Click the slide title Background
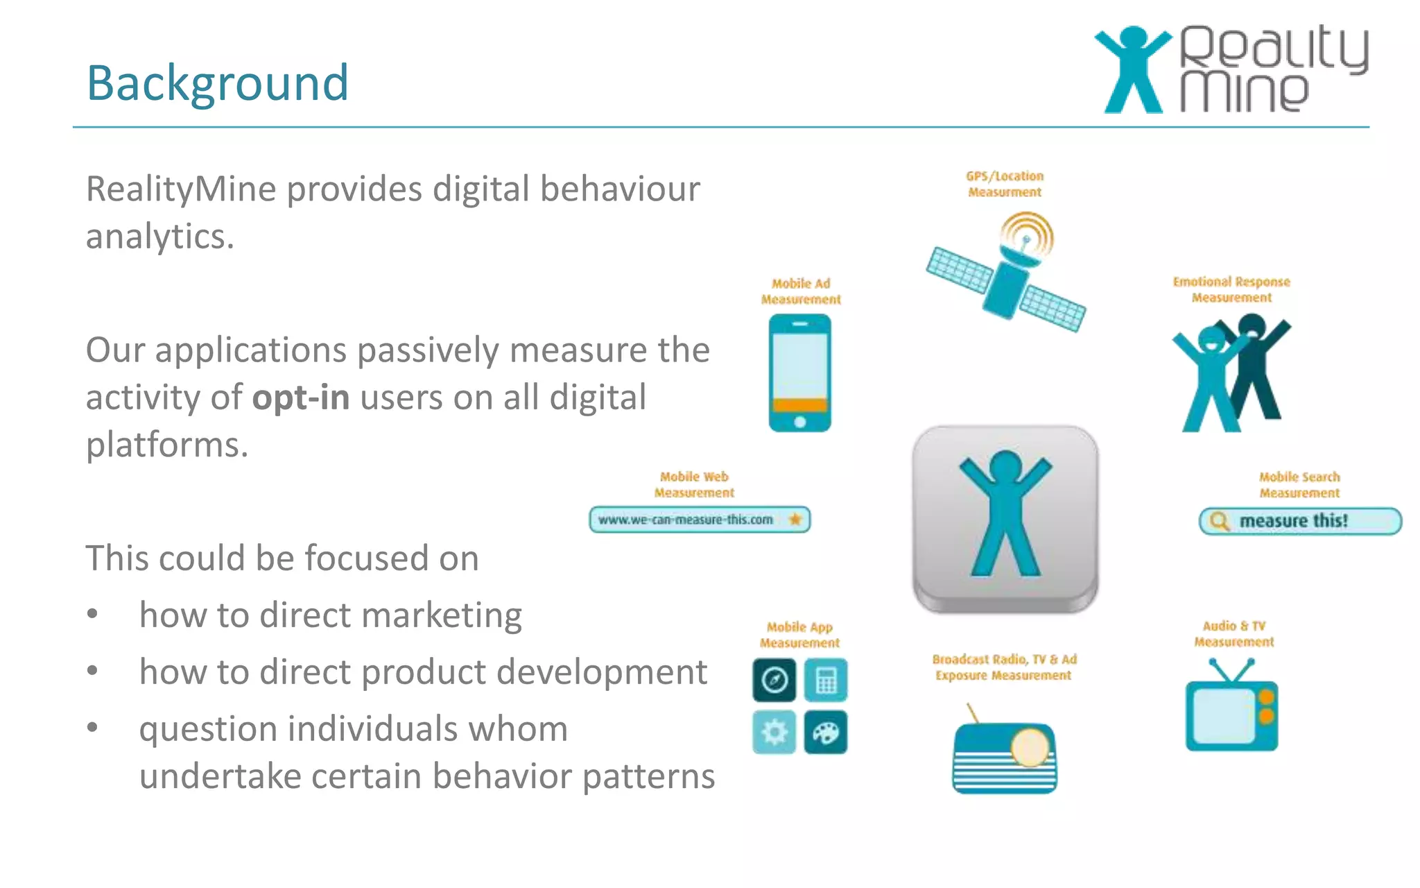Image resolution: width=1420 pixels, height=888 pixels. (x=217, y=83)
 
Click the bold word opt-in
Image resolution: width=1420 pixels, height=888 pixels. (x=301, y=398)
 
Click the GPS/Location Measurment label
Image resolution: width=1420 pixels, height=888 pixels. (x=1005, y=184)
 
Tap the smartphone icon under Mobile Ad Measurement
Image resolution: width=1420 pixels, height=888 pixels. (x=799, y=373)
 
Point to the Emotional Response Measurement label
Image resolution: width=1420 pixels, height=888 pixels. (x=1231, y=289)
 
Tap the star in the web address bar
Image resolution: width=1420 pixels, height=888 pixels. (x=795, y=519)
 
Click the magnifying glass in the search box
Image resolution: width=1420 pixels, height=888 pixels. (x=1218, y=520)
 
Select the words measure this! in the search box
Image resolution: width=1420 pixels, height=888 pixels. (x=1293, y=520)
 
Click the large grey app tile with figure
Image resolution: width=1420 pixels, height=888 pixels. (x=1005, y=518)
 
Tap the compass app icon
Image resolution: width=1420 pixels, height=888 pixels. (x=774, y=680)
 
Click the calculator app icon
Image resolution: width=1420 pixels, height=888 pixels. (x=826, y=680)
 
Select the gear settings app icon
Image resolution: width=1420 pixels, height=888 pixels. (x=774, y=733)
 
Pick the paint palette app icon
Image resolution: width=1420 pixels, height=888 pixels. (x=826, y=733)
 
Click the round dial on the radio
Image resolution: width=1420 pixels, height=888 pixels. (x=1030, y=747)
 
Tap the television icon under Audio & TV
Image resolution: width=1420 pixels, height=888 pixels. (x=1231, y=710)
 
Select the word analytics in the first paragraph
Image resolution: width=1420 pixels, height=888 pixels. (x=160, y=237)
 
